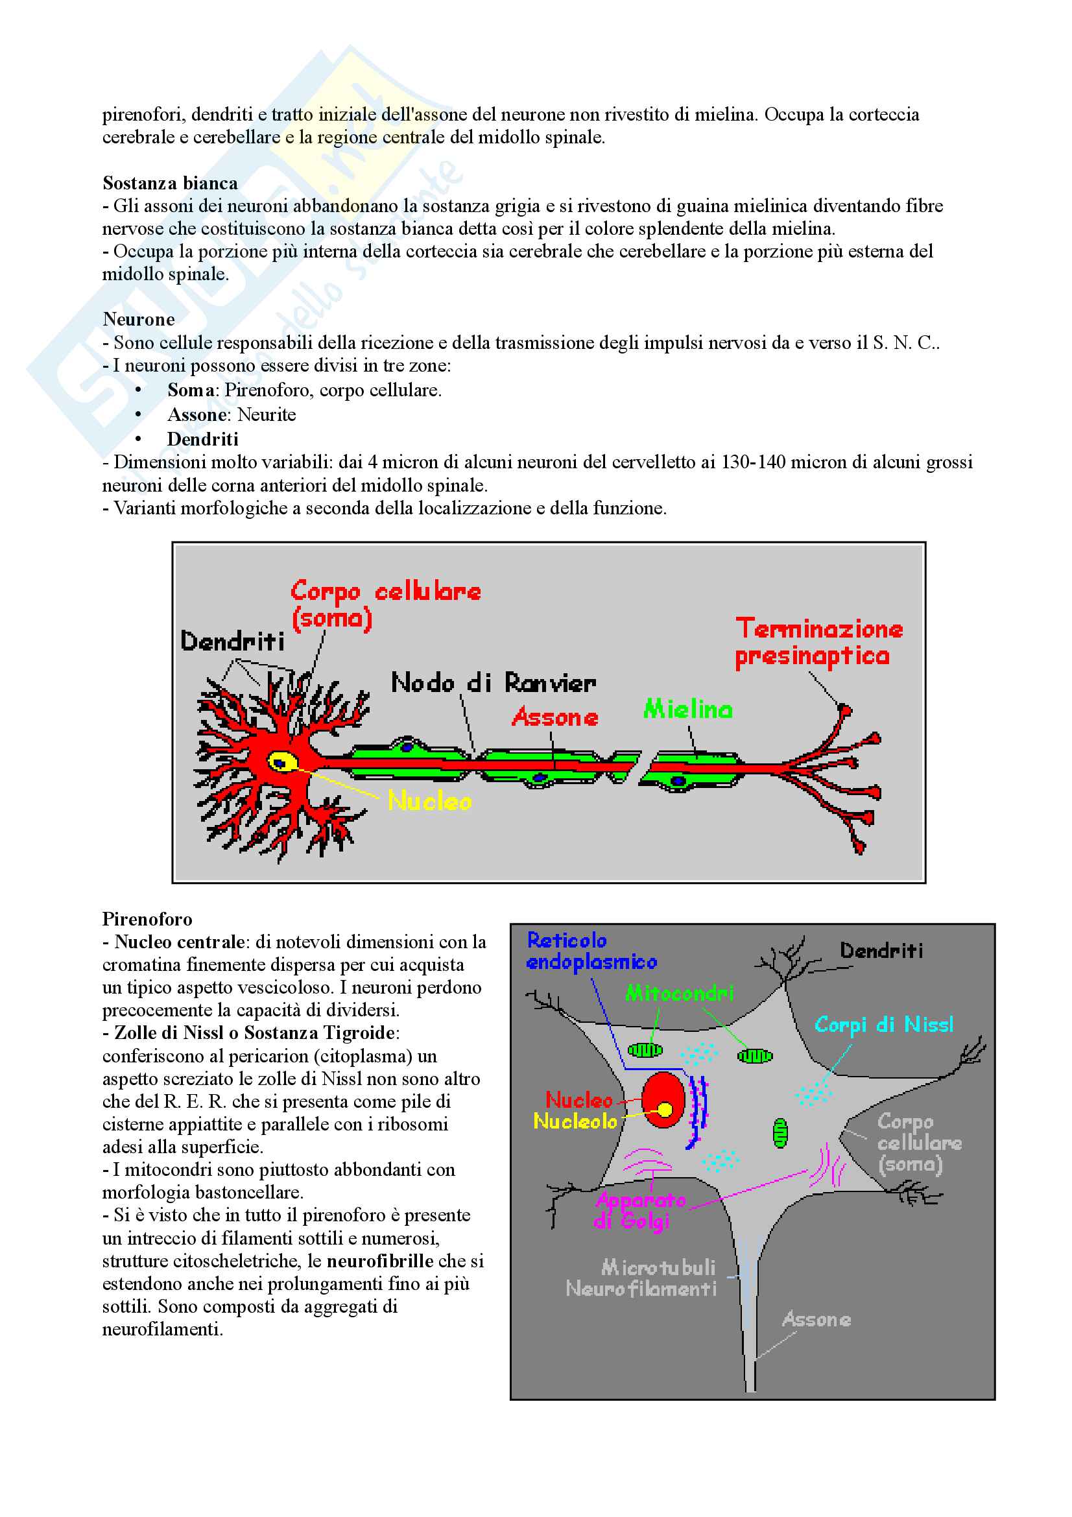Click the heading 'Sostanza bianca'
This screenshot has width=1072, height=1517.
coord(170,183)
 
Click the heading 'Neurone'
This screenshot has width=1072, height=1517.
coord(139,319)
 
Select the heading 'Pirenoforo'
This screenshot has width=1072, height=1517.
coord(147,919)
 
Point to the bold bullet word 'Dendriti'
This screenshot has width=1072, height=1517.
coord(203,438)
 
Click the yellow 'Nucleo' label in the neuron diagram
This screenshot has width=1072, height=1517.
coord(429,801)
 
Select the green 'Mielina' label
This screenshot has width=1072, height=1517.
coord(687,709)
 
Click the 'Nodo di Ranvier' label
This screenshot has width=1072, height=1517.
coord(494,682)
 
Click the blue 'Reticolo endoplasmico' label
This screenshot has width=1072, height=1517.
coord(591,951)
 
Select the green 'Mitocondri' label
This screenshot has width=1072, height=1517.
coord(679,993)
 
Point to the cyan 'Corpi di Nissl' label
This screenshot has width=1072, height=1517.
coord(883,1025)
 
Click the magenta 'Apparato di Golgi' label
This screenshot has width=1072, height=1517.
coord(639,1210)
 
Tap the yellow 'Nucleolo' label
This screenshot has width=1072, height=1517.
coord(575,1121)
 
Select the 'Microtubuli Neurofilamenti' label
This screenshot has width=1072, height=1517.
coord(641,1278)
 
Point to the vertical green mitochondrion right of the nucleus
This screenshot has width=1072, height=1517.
coord(780,1133)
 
